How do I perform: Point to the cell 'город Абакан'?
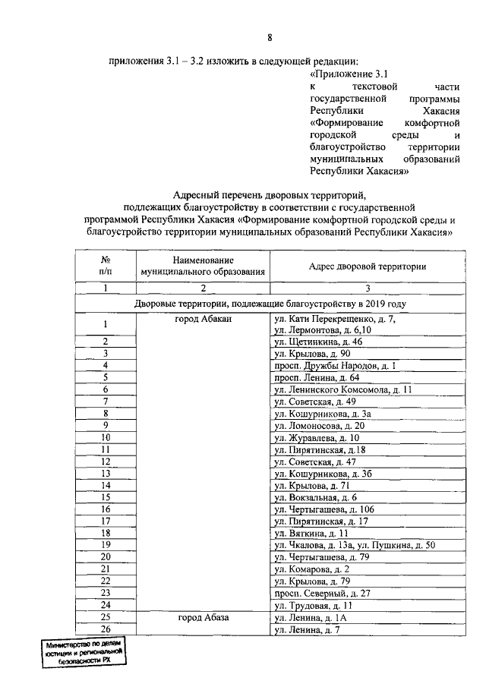[x=203, y=320]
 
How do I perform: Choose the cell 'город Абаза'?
[x=203, y=617]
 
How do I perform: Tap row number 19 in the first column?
[x=106, y=545]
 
